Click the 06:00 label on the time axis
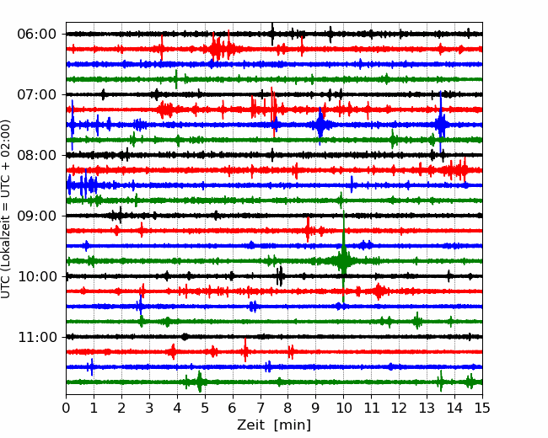pyautogui.click(x=37, y=35)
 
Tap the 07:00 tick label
pyautogui.click(x=37, y=94)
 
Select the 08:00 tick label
pyautogui.click(x=37, y=155)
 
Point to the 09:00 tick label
pyautogui.click(x=37, y=216)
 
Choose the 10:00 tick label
pyautogui.click(x=37, y=276)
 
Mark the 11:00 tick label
pyautogui.click(x=37, y=337)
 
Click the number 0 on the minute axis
pyautogui.click(x=66, y=408)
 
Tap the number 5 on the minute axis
pyautogui.click(x=205, y=408)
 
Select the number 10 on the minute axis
pyautogui.click(x=343, y=408)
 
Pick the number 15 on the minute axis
pyautogui.click(x=482, y=408)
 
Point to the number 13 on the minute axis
pyautogui.click(x=427, y=408)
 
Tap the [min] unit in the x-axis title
pyautogui.click(x=293, y=425)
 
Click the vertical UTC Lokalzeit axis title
pyautogui.click(x=5, y=209)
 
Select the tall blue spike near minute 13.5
pyautogui.click(x=441, y=122)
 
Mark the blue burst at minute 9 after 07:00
pyautogui.click(x=320, y=125)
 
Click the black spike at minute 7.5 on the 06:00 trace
pyautogui.click(x=272, y=34)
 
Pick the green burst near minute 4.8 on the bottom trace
pyautogui.click(x=200, y=382)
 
